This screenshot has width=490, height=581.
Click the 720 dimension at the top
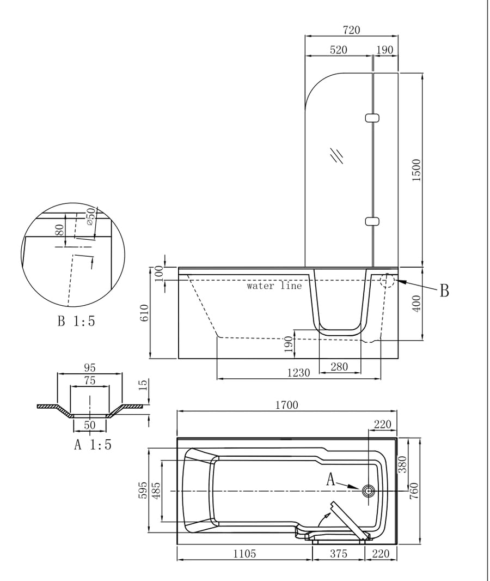(351, 29)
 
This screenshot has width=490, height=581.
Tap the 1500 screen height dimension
(416, 170)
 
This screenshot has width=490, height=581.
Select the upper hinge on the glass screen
(372, 118)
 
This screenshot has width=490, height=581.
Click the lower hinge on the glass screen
(372, 221)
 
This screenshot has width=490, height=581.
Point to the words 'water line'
(274, 285)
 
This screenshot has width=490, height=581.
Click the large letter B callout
(444, 291)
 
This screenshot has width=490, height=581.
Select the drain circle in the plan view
(369, 491)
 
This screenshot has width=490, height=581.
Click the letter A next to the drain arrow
(330, 480)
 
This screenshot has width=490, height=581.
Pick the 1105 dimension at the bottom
(244, 554)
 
